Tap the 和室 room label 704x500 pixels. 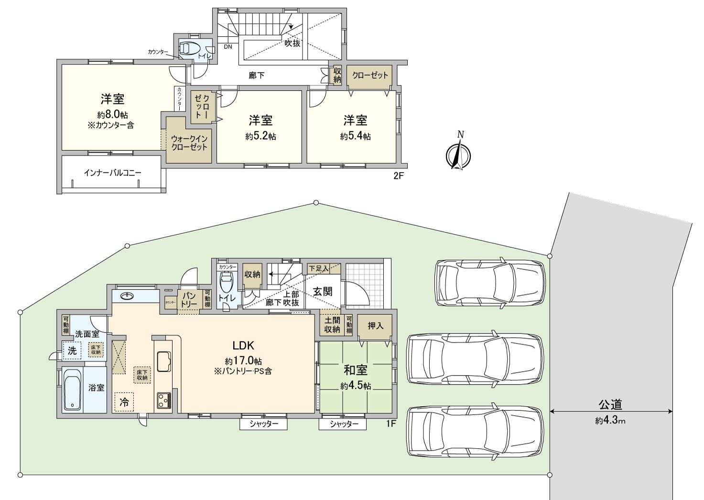356,370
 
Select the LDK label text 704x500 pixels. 243,345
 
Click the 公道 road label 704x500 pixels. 610,405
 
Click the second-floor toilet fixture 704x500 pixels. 189,49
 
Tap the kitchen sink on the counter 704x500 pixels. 164,360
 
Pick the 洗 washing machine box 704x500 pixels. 72,351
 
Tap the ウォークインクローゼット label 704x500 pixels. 189,143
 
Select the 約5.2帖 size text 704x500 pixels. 260,136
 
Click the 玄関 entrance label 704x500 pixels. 323,291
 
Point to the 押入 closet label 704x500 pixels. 376,326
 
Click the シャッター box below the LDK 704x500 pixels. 263,424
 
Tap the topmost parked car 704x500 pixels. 490,282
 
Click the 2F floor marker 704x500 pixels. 399,176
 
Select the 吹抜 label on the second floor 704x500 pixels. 292,43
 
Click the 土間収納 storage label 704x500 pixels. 332,325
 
